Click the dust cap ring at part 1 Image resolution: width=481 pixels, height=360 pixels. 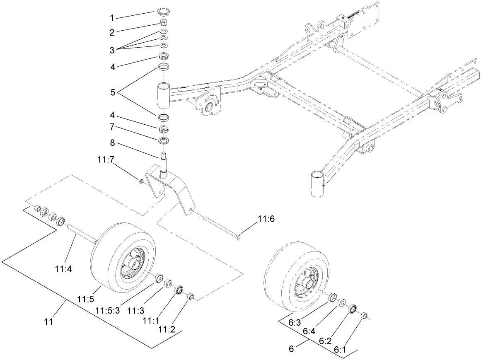[x=164, y=10]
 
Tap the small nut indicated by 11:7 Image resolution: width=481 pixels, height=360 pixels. [x=142, y=181]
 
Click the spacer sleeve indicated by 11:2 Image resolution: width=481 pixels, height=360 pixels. [x=191, y=297]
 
